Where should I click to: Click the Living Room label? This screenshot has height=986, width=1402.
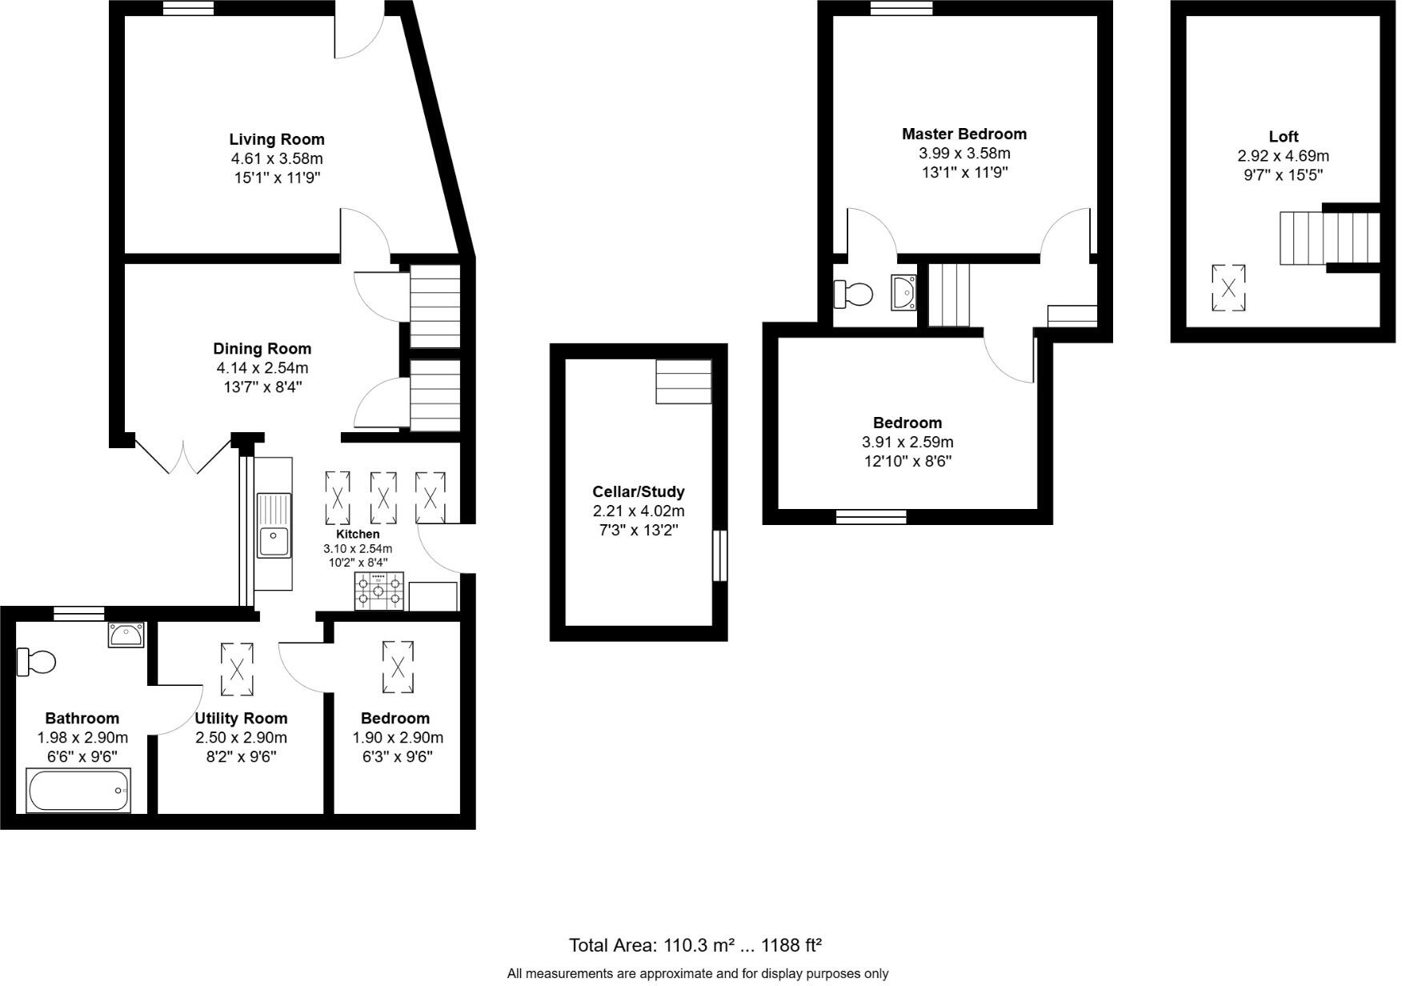tap(277, 139)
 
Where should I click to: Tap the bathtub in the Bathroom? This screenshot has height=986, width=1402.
tap(78, 791)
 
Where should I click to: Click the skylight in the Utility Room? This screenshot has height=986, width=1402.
tap(238, 669)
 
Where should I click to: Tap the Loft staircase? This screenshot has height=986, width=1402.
tap(1328, 238)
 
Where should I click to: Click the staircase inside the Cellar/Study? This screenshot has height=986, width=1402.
tap(683, 382)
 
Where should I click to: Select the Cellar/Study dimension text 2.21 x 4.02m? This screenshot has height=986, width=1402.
tap(638, 511)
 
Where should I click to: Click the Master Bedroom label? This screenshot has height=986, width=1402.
tap(963, 134)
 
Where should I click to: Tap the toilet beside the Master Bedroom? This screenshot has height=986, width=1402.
tap(853, 294)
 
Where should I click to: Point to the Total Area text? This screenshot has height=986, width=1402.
tap(695, 945)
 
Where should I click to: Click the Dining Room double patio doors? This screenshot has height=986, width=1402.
tap(183, 455)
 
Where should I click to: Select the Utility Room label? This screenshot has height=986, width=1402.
tap(241, 718)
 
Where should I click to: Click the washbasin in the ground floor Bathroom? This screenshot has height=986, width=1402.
tap(126, 635)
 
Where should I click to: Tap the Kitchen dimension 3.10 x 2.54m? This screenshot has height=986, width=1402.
tap(358, 549)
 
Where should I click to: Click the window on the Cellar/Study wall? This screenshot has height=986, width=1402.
tap(720, 555)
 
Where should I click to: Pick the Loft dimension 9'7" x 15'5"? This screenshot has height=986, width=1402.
tap(1283, 175)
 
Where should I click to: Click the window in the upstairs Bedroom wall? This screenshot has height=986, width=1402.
tap(871, 517)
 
